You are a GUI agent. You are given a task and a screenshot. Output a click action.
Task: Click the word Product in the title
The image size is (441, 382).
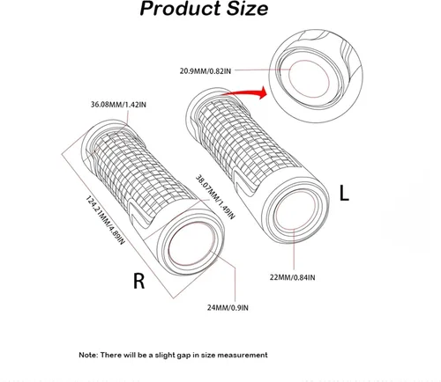pyautogui.click(x=181, y=9)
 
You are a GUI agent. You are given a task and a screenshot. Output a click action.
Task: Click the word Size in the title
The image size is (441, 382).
pyautogui.click(x=247, y=9)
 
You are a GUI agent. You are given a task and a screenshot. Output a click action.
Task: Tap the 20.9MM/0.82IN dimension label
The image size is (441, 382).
pyautogui.click(x=206, y=71)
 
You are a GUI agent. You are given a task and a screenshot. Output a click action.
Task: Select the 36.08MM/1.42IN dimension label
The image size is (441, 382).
pyautogui.click(x=118, y=105)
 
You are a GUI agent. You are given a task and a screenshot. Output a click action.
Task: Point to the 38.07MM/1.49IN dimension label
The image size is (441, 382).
pyautogui.click(x=215, y=197)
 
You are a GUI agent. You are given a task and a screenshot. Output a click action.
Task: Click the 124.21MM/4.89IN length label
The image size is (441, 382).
pyautogui.click(x=105, y=220)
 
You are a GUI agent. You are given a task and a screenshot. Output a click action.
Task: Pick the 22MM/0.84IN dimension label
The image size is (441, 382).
pyautogui.click(x=293, y=277)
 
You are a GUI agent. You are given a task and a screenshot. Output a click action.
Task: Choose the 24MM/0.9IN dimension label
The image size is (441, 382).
pyautogui.click(x=228, y=307)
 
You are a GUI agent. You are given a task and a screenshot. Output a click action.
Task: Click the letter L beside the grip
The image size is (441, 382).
pyautogui.click(x=344, y=193)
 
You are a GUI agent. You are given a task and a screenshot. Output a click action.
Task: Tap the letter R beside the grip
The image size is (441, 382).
pyautogui.click(x=139, y=281)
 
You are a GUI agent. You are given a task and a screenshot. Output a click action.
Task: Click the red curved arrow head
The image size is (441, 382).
pyautogui.click(x=262, y=93)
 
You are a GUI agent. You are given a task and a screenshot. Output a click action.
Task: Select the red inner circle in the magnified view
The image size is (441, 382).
pyautogui.click(x=309, y=61)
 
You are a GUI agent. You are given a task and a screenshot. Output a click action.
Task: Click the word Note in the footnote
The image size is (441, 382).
pyautogui.click(x=88, y=355)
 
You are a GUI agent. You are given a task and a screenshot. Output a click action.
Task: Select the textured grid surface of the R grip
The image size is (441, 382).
pyautogui.click(x=143, y=173)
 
